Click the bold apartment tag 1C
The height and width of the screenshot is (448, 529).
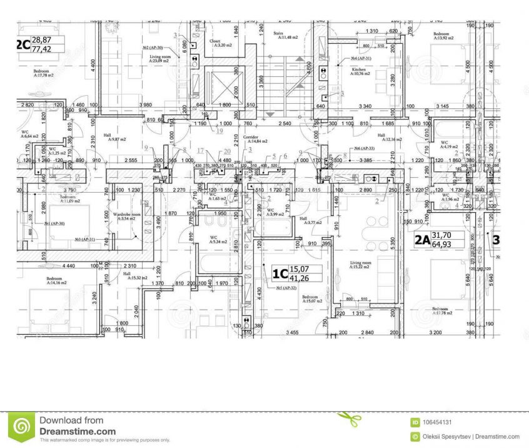tap(280, 273)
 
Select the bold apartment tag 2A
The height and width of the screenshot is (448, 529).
tap(422, 239)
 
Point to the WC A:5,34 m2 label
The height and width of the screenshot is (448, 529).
tap(213, 240)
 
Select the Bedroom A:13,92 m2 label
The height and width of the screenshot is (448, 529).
tap(443, 36)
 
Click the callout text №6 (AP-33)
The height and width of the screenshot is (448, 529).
tap(364, 148)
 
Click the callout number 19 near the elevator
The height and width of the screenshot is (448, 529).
tap(219, 131)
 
